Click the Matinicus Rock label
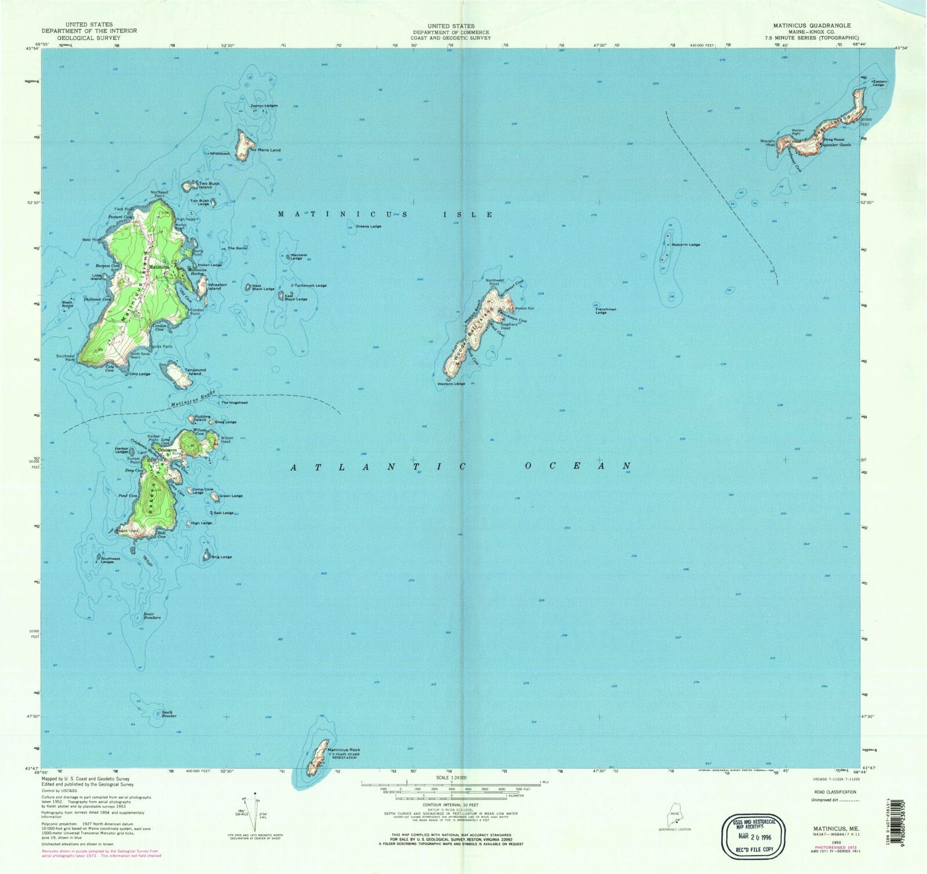(x=344, y=749)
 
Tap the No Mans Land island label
(x=265, y=150)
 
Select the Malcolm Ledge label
(x=686, y=244)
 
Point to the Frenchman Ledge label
(x=605, y=311)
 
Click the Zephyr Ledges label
(x=264, y=105)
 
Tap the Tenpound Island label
(x=195, y=371)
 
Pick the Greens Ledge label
(x=368, y=226)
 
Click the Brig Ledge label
(x=222, y=557)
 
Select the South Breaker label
(x=169, y=714)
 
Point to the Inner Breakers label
(x=152, y=616)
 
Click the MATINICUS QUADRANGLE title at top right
(x=812, y=25)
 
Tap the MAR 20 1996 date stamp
(x=753, y=837)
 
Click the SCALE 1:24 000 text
(x=451, y=777)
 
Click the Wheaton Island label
(x=217, y=286)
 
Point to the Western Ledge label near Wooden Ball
(x=451, y=383)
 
